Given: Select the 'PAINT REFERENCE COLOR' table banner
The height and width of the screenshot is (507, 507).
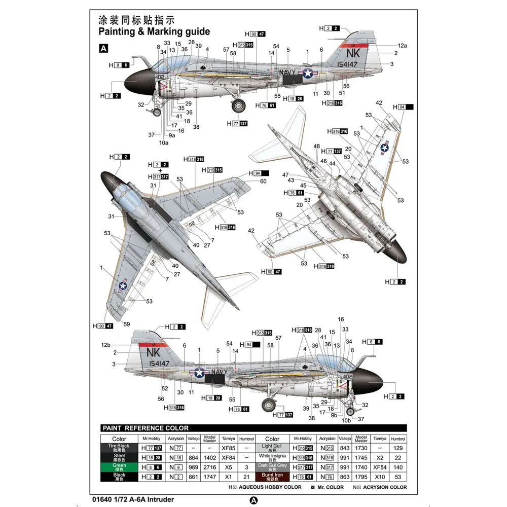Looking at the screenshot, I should tap(146, 428).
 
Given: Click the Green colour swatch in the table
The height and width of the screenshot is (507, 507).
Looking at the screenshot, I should tap(119, 467).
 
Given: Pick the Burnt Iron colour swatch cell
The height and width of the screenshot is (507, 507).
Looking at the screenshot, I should tap(272, 476).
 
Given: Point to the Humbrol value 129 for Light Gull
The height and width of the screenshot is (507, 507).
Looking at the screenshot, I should tap(398, 448).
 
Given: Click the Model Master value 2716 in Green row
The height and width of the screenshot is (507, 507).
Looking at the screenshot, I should tap(209, 467).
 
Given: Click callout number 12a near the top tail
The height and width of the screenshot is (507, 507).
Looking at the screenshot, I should tap(402, 46).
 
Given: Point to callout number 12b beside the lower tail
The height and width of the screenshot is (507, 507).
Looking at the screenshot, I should tap(105, 345).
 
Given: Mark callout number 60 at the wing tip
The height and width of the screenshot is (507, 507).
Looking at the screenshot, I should tap(263, 181).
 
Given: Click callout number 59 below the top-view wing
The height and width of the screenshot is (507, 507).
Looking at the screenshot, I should tap(126, 324).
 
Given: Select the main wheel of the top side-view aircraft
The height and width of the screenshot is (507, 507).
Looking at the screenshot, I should tap(239, 105).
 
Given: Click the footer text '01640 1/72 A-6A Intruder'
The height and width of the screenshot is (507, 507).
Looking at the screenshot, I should tap(138, 499).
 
